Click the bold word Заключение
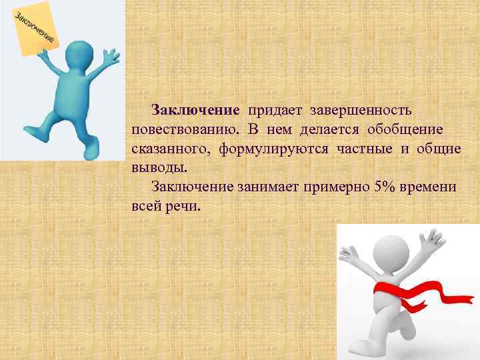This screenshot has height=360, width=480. [195, 109]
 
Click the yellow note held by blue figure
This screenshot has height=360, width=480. [37, 30]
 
